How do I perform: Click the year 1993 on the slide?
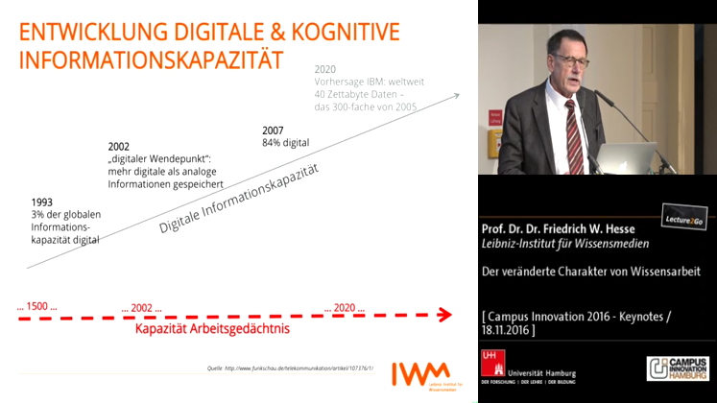(x=41, y=201)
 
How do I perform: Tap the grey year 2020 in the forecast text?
(x=326, y=69)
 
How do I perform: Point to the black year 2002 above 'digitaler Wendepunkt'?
(x=119, y=147)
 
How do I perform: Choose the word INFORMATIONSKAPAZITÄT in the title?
(x=151, y=59)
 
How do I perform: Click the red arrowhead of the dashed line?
(x=444, y=313)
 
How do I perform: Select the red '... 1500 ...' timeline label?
(x=37, y=306)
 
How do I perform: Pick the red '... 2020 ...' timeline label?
(x=345, y=307)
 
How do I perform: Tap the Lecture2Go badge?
(x=683, y=220)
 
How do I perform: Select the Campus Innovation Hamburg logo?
(x=681, y=369)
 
